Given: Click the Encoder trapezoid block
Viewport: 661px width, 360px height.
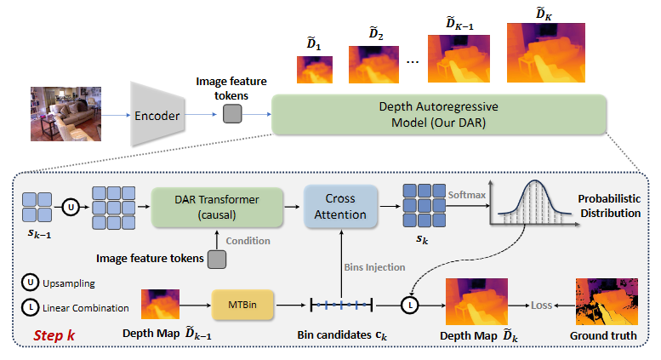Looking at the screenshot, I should (x=157, y=114).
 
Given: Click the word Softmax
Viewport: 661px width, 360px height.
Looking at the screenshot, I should (x=466, y=194).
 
